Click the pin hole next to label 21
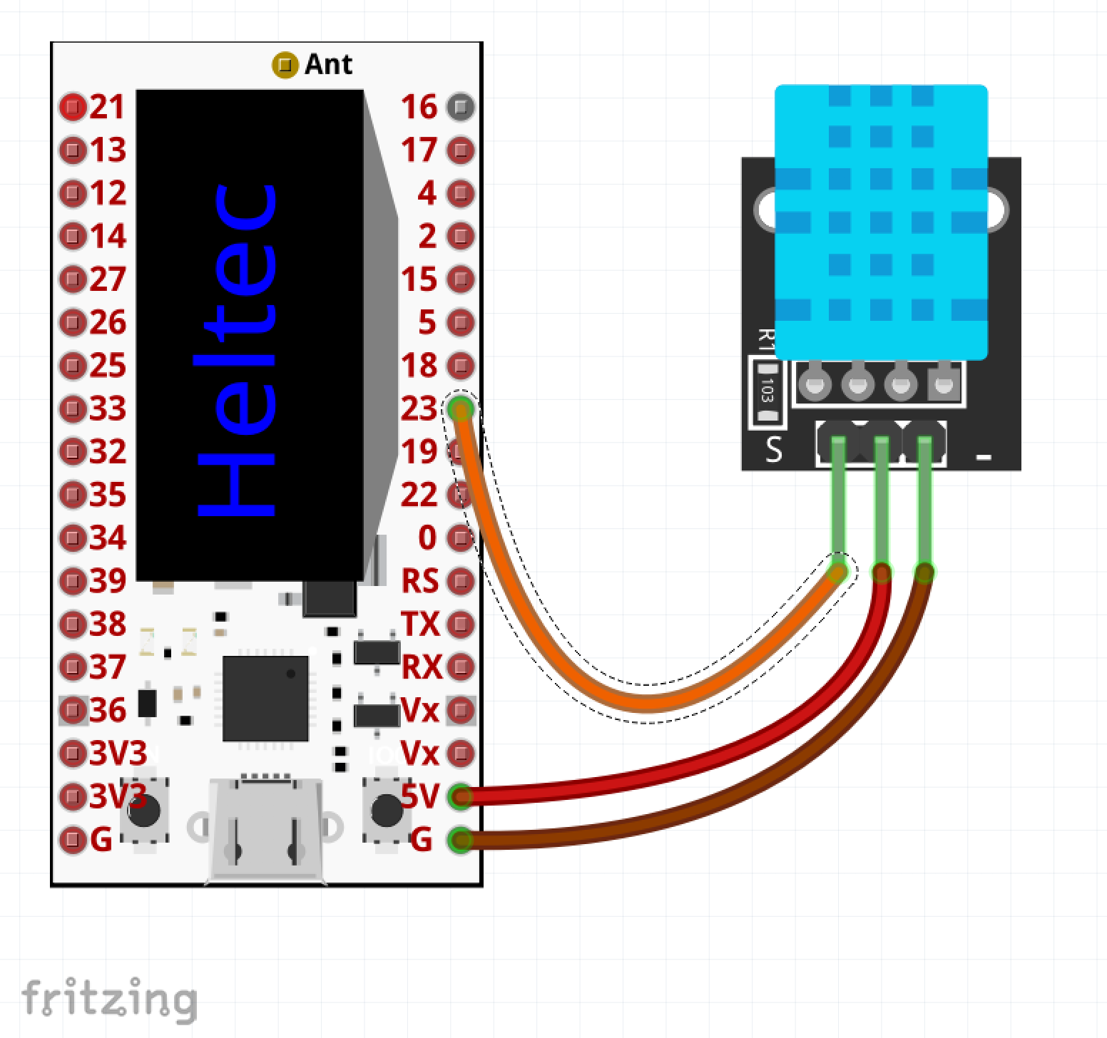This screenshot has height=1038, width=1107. click(x=72, y=108)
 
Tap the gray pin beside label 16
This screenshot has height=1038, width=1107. click(x=461, y=107)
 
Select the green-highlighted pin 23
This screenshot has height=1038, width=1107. click(x=461, y=409)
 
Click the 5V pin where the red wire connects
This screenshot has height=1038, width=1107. click(x=461, y=796)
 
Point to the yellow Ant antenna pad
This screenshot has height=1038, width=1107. click(x=285, y=66)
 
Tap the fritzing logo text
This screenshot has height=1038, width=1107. click(x=109, y=999)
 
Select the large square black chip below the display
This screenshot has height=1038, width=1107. click(x=265, y=699)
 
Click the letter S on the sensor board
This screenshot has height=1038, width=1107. click(x=774, y=450)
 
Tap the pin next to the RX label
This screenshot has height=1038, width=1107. click(x=461, y=667)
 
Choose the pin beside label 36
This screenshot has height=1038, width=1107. click(x=72, y=710)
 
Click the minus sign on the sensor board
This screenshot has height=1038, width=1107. click(x=984, y=456)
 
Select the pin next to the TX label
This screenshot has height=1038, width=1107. click(x=461, y=625)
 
